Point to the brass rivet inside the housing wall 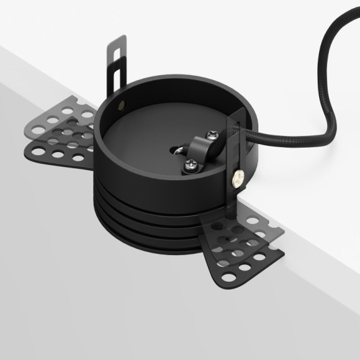pos(127,99)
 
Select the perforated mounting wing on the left pos(59,133)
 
